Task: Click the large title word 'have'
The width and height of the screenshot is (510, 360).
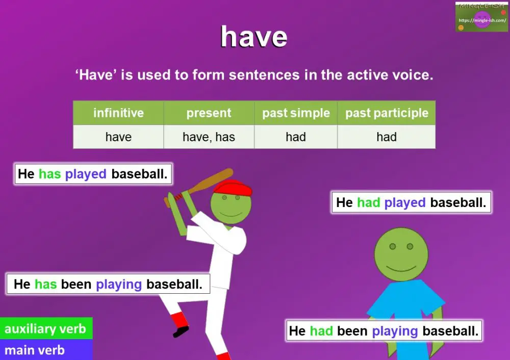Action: (x=253, y=37)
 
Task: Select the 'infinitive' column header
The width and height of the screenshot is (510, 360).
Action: (x=118, y=113)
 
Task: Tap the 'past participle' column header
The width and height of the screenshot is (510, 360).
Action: (x=387, y=113)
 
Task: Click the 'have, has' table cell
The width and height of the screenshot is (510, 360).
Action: (x=209, y=137)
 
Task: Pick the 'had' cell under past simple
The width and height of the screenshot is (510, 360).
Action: (x=296, y=137)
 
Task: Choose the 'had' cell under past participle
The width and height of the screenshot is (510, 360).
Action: (x=387, y=137)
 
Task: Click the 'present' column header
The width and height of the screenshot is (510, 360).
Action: (x=209, y=113)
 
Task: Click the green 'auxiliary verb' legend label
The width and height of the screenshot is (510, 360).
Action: (x=45, y=329)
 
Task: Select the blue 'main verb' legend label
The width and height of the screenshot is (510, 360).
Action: (x=35, y=350)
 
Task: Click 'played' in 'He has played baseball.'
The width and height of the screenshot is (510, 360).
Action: (x=86, y=174)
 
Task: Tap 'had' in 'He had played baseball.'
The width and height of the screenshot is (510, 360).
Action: (x=368, y=202)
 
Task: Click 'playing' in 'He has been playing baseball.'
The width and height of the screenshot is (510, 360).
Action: (x=119, y=284)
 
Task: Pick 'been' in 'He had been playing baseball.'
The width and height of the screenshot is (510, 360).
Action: (x=352, y=331)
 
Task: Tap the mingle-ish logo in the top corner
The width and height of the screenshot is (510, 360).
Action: (x=481, y=17)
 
